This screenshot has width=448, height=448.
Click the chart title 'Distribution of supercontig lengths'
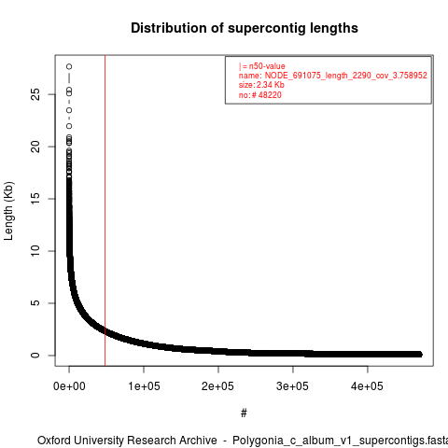(245, 28)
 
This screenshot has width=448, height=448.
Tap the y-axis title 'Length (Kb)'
(8, 211)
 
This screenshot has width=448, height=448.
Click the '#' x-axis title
(244, 413)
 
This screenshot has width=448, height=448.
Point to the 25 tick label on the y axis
(35, 94)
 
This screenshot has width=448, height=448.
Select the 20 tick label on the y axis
(35, 147)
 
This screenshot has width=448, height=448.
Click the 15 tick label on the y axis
(35, 199)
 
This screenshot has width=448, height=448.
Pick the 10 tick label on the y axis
(35, 251)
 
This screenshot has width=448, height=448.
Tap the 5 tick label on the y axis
(35, 303)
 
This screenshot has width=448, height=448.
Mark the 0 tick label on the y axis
(35, 355)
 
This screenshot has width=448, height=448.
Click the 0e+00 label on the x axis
(69, 386)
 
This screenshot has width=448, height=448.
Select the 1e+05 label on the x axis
(144, 386)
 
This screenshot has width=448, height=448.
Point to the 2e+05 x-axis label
(217, 386)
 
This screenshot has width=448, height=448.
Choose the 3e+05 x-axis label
(292, 386)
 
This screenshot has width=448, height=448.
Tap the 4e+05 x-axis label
(367, 386)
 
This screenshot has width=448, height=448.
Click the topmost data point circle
(69, 66)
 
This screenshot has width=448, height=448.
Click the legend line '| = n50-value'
(261, 66)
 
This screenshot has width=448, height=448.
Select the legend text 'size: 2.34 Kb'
(261, 85)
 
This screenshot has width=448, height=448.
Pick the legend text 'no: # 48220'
(260, 94)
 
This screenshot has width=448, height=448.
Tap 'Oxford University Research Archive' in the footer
(127, 441)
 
